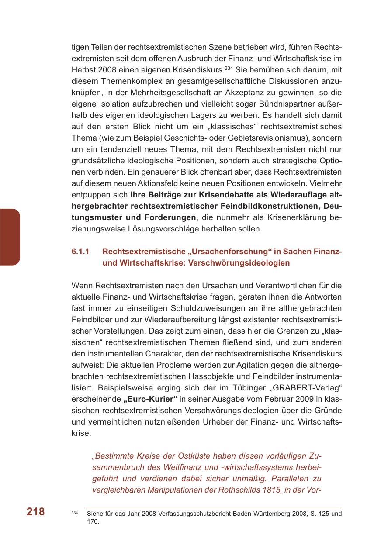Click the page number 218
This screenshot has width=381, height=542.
tap(35, 512)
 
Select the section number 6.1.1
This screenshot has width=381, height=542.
tap(80, 252)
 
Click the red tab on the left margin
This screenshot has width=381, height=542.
tap(10, 237)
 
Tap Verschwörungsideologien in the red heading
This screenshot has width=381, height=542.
tap(239, 263)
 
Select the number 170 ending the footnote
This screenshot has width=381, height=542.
tap(93, 521)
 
